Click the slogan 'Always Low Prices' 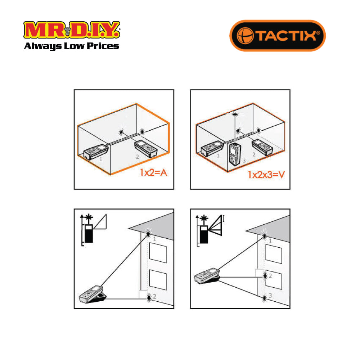tap(71, 46)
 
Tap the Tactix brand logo tap(278, 36)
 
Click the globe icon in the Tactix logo tap(245, 36)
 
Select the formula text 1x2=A tap(153, 172)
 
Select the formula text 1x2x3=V tap(266, 175)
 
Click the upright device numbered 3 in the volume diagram tap(234, 154)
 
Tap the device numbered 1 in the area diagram tap(96, 152)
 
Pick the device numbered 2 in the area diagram tap(146, 149)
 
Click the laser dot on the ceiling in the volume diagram tap(235, 114)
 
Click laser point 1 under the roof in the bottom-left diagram tap(148, 234)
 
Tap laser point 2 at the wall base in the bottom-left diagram tap(149, 298)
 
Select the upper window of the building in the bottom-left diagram tap(158, 253)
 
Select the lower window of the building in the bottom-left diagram tap(158, 280)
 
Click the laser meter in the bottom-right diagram tap(207, 275)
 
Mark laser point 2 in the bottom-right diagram tap(265, 276)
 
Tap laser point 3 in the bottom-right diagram tap(265, 298)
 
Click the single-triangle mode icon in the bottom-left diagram tap(100, 221)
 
